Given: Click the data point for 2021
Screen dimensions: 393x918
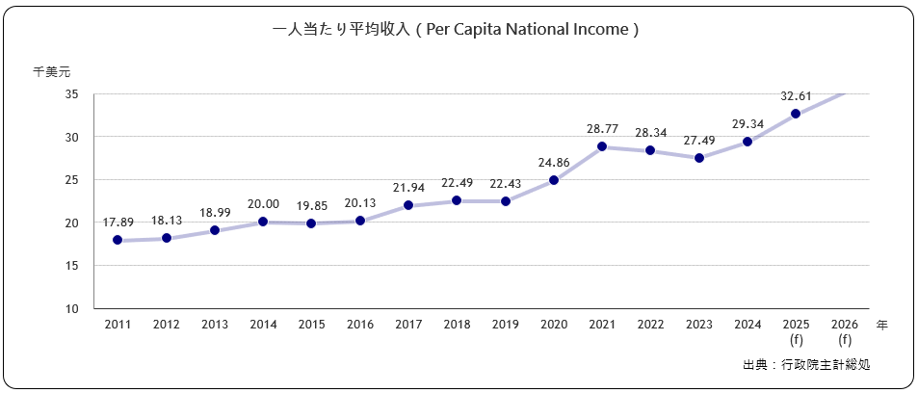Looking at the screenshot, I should [x=602, y=147].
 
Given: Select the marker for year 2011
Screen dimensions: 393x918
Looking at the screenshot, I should [x=118, y=240].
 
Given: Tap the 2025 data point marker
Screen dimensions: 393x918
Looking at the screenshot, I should [x=796, y=114].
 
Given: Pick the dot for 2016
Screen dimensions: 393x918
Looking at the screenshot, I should [x=360, y=221].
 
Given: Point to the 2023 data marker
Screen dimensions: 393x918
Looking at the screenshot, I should [x=699, y=158].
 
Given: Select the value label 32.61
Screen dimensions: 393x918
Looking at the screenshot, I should [x=796, y=95].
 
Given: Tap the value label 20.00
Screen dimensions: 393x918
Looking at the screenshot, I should [x=263, y=203].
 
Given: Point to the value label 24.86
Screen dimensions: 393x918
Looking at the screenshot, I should [x=554, y=161].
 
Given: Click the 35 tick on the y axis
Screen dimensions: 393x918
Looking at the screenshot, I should [x=72, y=94].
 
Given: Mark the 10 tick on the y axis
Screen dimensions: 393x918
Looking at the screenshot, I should [x=72, y=309].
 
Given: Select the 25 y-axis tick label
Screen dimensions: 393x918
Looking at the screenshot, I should [x=72, y=180].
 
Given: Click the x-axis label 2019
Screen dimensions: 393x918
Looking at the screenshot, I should [x=506, y=326].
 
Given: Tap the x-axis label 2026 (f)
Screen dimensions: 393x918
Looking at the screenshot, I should [x=845, y=332].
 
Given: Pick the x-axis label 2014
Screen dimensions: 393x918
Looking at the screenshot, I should [x=263, y=326].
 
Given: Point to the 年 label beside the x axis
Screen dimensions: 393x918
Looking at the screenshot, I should [x=882, y=326].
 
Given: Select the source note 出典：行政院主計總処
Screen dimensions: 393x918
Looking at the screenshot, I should [x=813, y=365].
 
